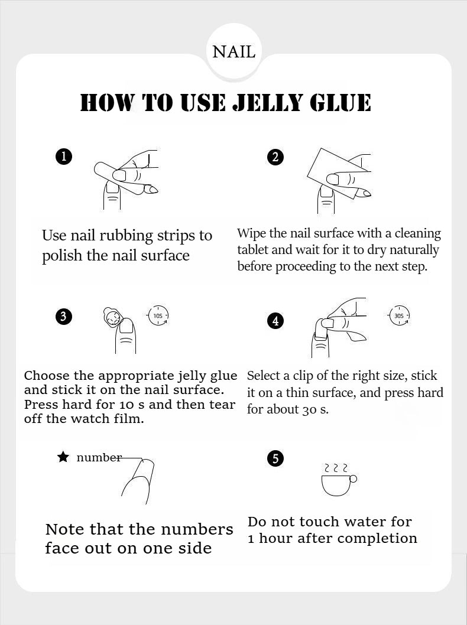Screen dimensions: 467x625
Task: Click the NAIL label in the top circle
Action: click(234, 52)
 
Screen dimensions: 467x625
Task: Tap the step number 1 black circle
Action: click(64, 156)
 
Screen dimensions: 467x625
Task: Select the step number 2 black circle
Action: click(275, 157)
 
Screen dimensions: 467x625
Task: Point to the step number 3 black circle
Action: click(64, 317)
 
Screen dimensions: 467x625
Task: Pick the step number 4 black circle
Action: click(275, 321)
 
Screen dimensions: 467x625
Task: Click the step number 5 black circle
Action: click(275, 458)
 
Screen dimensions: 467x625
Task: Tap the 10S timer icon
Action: click(158, 315)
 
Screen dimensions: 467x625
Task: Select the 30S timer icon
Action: click(399, 315)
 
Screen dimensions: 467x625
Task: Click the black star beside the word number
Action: click(63, 457)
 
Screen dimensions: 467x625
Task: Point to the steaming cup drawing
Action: click(339, 480)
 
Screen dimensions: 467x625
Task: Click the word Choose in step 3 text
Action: click(47, 376)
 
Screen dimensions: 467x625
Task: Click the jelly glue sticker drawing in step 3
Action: click(111, 317)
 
